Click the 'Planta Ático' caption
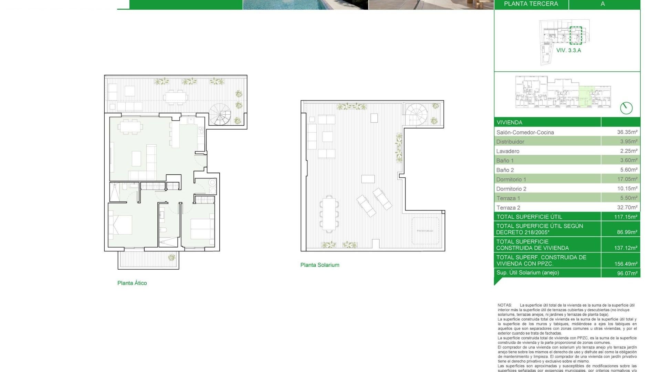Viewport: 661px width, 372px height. (132, 283)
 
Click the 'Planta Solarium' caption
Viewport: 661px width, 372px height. (319, 265)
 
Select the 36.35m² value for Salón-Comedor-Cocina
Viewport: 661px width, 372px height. (627, 132)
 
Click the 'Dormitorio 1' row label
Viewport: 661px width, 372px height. (511, 179)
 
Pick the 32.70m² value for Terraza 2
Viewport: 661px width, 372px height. (627, 207)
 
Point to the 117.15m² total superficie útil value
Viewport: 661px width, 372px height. (626, 217)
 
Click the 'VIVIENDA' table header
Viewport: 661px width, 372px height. (509, 122)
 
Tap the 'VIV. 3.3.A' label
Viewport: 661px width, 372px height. (568, 50)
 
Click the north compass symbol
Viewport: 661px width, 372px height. (626, 108)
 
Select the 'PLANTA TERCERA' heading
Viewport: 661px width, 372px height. (531, 4)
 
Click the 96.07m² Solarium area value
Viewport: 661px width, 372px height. (627, 273)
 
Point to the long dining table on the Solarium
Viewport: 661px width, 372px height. (329, 213)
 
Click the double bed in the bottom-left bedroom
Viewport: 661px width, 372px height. (120, 225)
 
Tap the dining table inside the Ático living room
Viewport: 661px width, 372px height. (130, 126)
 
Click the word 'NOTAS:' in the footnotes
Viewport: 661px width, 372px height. (504, 305)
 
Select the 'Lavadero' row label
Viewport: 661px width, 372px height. (507, 151)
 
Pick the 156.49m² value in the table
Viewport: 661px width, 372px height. (626, 264)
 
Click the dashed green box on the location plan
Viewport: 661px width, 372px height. (576, 35)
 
